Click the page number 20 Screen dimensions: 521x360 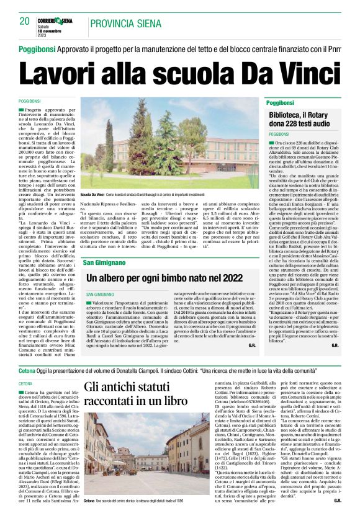click(x=25, y=21)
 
